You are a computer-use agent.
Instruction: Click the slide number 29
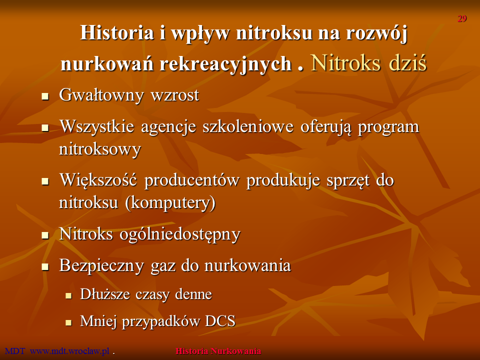click(x=462, y=18)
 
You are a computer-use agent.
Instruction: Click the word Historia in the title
click(x=117, y=33)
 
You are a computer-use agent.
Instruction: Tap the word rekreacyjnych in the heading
click(x=226, y=64)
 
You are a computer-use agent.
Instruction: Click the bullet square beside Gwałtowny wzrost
click(x=45, y=96)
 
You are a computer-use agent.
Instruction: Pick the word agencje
click(x=168, y=126)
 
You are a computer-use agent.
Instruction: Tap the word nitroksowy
click(x=100, y=150)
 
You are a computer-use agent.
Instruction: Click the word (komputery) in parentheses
click(x=170, y=202)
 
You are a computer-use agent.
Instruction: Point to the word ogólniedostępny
click(x=180, y=234)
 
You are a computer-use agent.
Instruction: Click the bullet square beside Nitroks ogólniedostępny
click(x=45, y=235)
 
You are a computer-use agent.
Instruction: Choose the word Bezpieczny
click(x=101, y=265)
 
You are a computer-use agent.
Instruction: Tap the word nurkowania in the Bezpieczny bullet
click(x=247, y=265)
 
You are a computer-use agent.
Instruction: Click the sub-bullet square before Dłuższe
click(x=68, y=295)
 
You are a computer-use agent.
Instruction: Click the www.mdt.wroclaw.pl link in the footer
click(x=70, y=351)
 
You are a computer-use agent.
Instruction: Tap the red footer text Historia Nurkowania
click(x=218, y=351)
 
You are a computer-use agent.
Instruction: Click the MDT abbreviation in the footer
click(x=15, y=351)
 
